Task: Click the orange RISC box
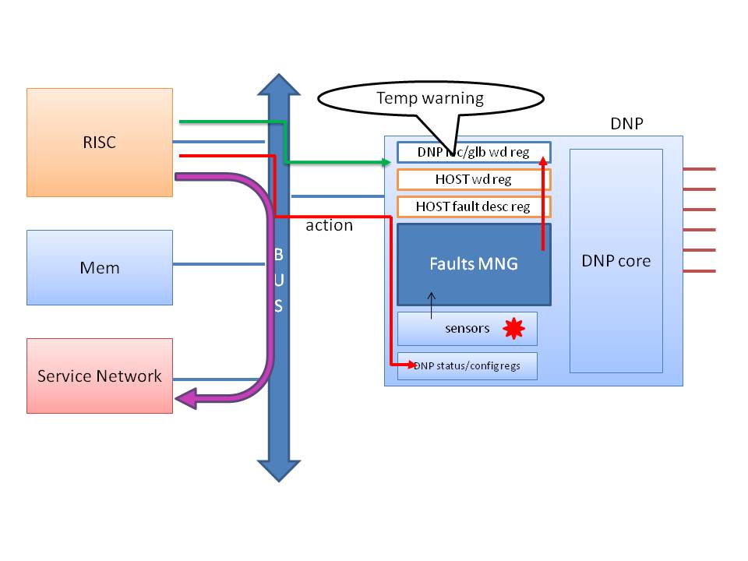point(99,142)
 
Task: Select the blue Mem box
point(99,267)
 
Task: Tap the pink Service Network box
point(99,376)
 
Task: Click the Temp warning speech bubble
point(429,98)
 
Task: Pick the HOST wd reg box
point(474,179)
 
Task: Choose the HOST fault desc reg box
point(474,206)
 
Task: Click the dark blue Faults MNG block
point(474,264)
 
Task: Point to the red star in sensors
point(513,329)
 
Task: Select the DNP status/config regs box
point(467,365)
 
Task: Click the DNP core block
point(616,261)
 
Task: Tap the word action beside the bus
point(329,225)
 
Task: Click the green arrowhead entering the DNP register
point(386,162)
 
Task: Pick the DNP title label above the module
point(628,125)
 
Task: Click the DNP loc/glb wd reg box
point(474,152)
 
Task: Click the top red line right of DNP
point(699,169)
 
